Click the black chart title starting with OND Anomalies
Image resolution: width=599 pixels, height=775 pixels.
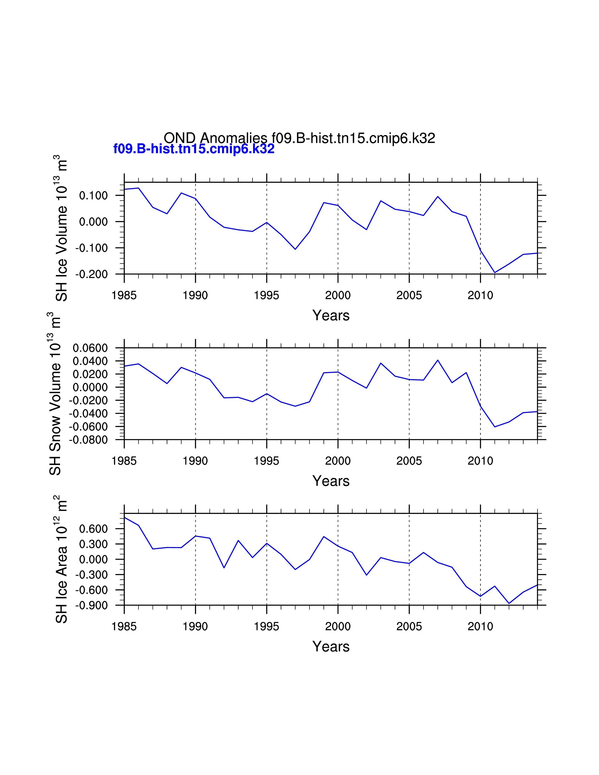299,138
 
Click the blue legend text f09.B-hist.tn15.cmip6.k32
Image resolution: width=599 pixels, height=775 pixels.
194,149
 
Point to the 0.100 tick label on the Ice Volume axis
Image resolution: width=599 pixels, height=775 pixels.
93,196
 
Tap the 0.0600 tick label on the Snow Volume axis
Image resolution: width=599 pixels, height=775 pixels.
90,348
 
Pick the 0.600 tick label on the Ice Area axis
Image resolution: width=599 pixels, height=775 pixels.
93,529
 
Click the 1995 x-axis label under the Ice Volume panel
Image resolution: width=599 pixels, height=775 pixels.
267,295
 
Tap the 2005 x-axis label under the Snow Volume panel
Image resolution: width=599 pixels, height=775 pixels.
409,461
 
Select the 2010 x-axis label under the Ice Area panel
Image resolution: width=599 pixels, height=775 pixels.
480,627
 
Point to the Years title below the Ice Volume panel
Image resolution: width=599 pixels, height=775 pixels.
331,315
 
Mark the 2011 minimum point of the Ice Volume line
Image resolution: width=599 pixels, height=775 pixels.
495,272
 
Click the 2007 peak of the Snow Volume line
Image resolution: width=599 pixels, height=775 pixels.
438,360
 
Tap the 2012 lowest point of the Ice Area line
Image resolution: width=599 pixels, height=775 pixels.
509,604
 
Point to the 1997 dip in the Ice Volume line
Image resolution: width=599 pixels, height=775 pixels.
295,249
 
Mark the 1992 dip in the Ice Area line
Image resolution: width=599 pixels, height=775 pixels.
224,568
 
